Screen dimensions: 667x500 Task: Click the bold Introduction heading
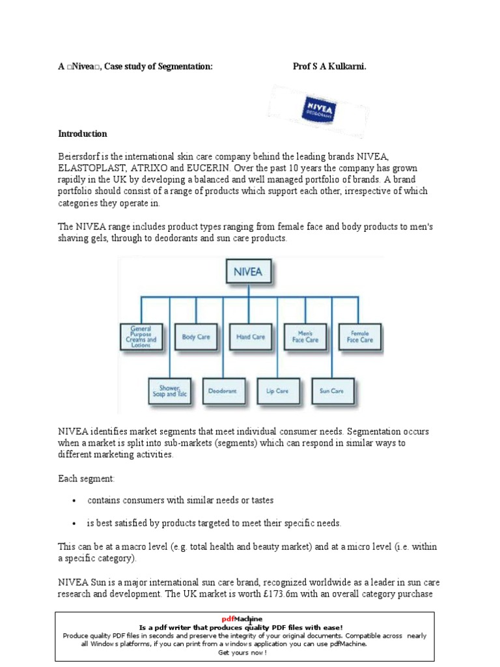tap(83, 134)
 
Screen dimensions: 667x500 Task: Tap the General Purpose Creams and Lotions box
tap(141, 337)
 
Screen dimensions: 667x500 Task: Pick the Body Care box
tap(196, 337)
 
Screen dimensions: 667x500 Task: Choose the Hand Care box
tap(251, 337)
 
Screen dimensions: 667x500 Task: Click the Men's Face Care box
tap(305, 337)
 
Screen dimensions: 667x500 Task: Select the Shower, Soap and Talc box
tap(169, 391)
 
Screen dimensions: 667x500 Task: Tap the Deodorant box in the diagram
tap(223, 391)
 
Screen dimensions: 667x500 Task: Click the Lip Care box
tap(278, 391)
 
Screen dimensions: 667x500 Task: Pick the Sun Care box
tap(332, 391)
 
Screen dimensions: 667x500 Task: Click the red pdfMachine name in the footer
tap(250, 618)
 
